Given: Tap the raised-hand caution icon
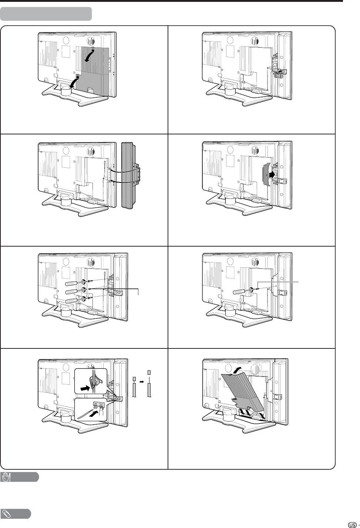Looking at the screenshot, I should pos(6,477).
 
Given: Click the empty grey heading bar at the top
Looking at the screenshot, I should pos(46,14).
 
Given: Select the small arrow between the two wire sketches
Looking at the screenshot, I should pos(142,380).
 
